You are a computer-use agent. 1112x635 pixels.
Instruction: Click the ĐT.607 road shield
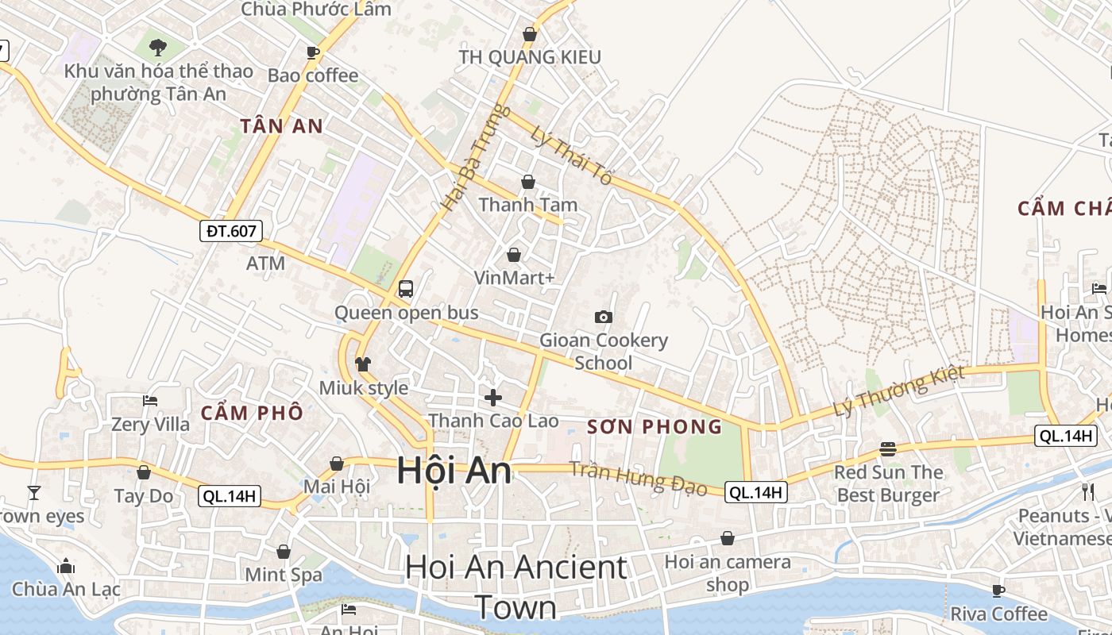tap(230, 231)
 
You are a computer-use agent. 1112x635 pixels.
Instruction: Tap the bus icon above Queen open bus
tap(406, 288)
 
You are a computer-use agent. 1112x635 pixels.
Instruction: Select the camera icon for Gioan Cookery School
tap(604, 317)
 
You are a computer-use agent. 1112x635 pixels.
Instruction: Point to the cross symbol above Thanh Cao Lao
tap(493, 397)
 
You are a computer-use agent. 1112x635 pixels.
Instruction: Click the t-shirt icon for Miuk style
tap(363, 364)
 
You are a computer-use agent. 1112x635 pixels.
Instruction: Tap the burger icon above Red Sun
tap(888, 449)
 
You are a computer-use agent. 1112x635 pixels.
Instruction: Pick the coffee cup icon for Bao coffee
tap(313, 52)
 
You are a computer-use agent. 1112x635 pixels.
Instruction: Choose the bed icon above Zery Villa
tap(150, 400)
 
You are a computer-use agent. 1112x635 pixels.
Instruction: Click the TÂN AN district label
tap(282, 125)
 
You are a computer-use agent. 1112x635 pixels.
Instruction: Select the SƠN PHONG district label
tap(654, 427)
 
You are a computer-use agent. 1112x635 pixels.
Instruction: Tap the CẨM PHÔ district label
tap(252, 413)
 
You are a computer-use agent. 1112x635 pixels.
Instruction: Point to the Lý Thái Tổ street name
tap(572, 157)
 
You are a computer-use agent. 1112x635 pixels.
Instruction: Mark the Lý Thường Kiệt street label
tap(899, 391)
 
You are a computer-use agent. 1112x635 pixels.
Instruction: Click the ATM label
tap(265, 263)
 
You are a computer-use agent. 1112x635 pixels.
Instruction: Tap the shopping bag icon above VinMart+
tap(514, 255)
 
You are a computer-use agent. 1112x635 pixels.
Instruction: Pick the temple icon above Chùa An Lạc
tap(66, 566)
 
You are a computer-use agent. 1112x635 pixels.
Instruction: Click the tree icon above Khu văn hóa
tap(157, 47)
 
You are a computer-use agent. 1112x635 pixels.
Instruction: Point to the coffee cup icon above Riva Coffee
tap(998, 591)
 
